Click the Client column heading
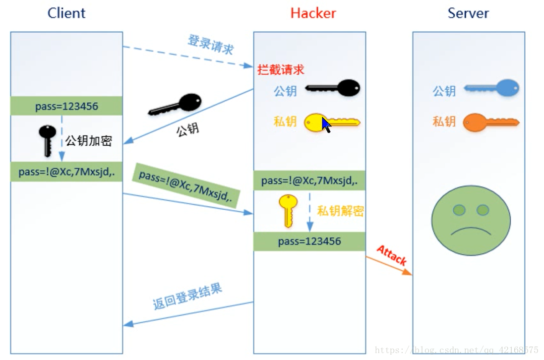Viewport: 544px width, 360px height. coord(66,13)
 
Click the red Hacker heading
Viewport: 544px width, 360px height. coord(313,13)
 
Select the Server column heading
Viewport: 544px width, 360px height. coord(468,13)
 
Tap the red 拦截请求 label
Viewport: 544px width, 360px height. coord(281,70)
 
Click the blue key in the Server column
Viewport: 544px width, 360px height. coord(491,89)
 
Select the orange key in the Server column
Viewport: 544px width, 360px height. coord(491,121)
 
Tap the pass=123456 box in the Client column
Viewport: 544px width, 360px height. coord(66,106)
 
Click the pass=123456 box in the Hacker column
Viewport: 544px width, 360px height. coord(309,241)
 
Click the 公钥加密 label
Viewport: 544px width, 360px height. coord(89,141)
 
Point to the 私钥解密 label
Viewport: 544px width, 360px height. coord(340,211)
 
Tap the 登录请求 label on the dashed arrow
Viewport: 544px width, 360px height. coord(210,45)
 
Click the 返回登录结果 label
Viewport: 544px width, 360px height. coord(187,297)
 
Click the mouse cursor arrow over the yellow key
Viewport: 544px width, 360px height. coord(327,124)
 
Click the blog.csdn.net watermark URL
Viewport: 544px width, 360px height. coord(456,350)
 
